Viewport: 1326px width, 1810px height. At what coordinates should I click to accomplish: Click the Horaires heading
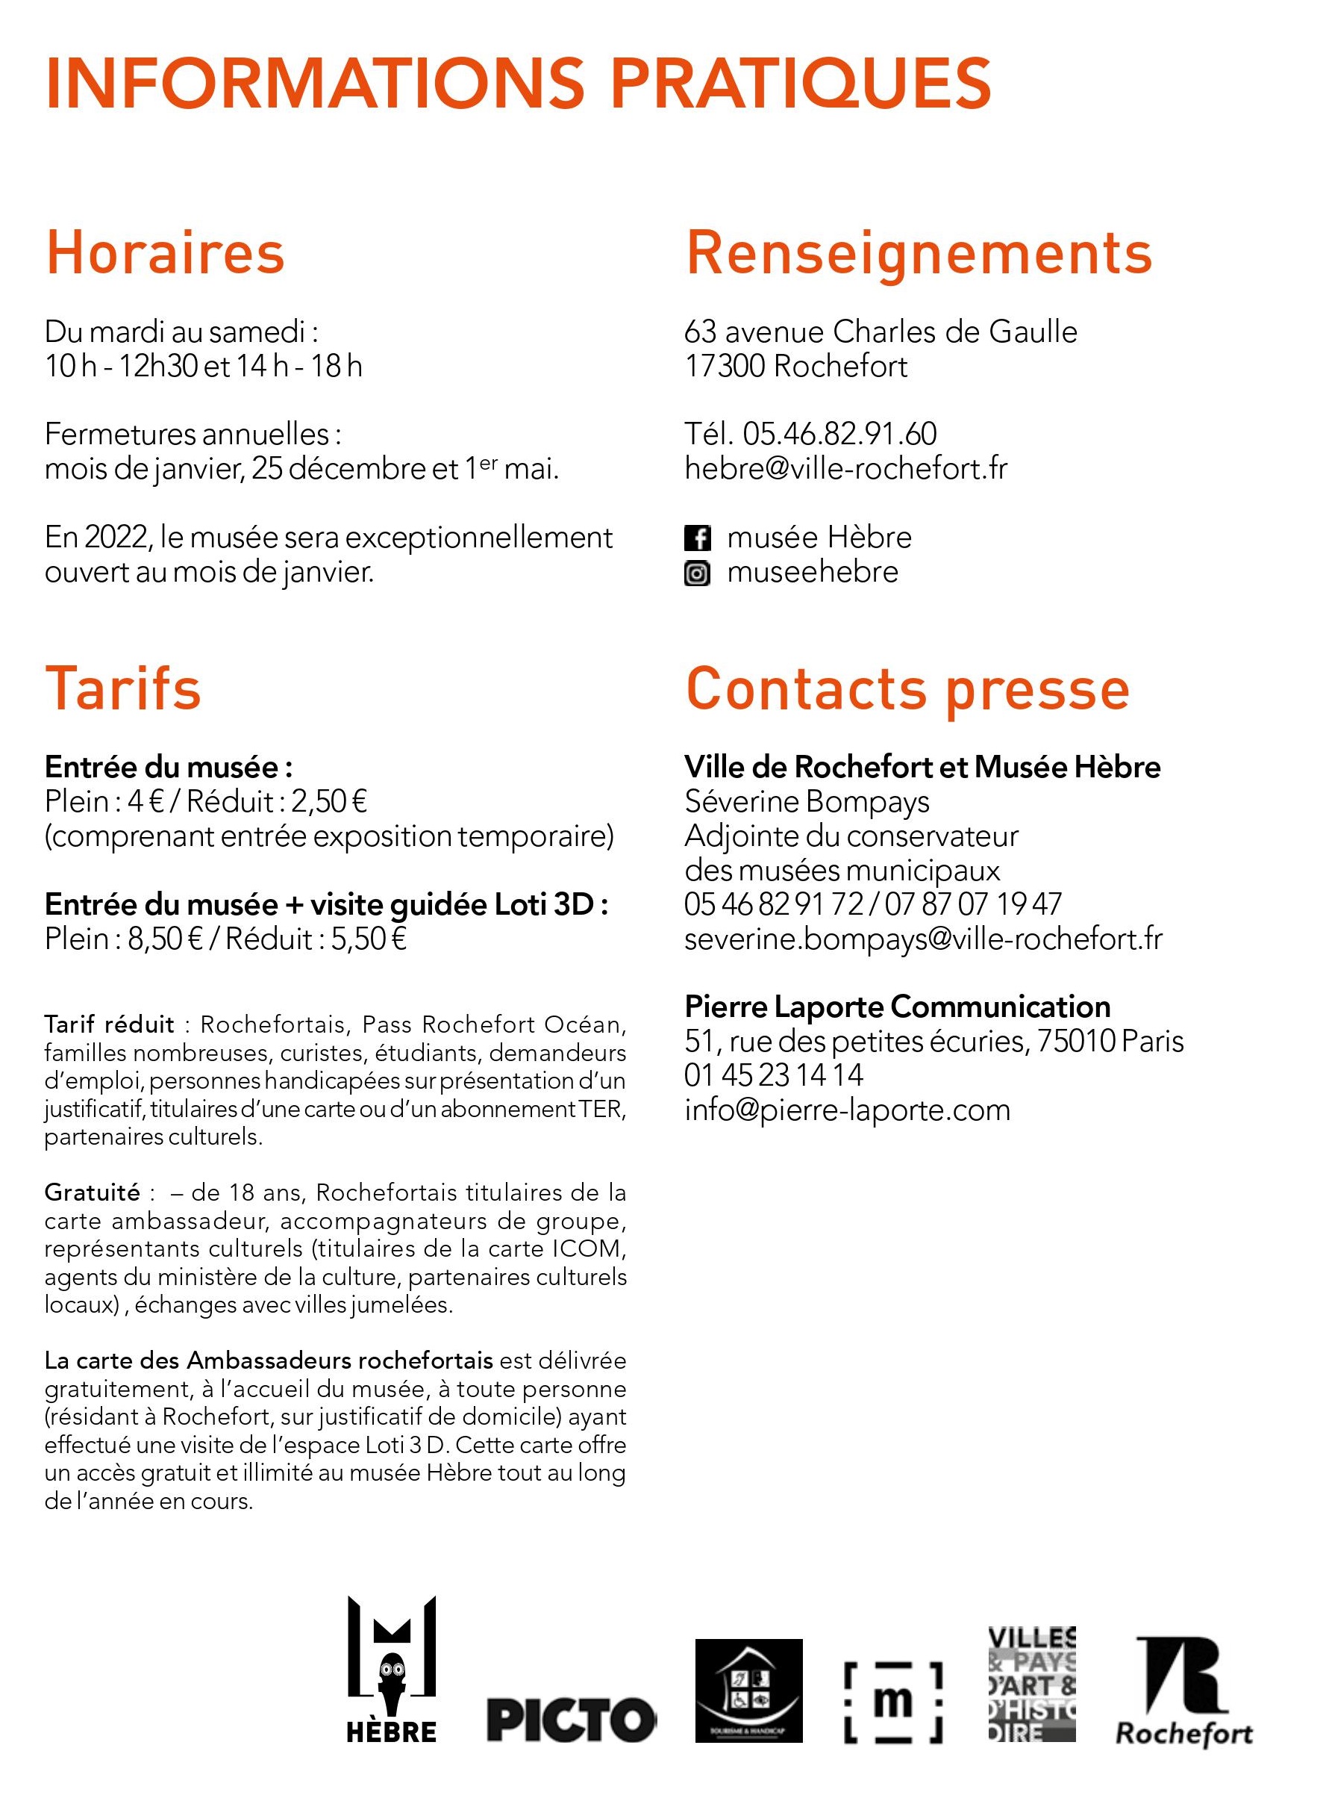tap(166, 253)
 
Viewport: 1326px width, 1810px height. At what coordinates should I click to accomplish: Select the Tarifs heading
tap(123, 689)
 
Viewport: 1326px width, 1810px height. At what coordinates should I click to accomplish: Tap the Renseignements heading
tap(919, 253)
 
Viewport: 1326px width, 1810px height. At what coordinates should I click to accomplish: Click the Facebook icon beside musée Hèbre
tap(697, 538)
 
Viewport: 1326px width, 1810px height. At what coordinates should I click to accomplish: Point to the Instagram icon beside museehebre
tap(697, 573)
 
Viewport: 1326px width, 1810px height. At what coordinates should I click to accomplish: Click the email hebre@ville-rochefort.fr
tap(845, 468)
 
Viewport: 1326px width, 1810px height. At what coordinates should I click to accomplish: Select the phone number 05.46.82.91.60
tap(839, 434)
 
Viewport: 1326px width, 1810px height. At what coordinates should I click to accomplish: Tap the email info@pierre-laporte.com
tap(847, 1110)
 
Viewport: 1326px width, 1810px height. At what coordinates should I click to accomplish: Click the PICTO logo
tap(571, 1721)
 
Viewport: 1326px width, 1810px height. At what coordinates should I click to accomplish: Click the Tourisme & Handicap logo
tap(748, 1691)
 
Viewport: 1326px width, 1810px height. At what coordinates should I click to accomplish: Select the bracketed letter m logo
tap(892, 1702)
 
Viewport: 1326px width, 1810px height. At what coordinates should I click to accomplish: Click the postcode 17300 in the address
tap(725, 366)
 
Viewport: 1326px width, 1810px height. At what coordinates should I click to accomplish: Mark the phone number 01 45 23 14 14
tap(774, 1075)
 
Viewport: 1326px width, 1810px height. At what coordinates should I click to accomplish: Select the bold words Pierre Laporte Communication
tap(898, 1007)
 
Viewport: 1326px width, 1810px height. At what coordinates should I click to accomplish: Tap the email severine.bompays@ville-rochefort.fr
tap(923, 939)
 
